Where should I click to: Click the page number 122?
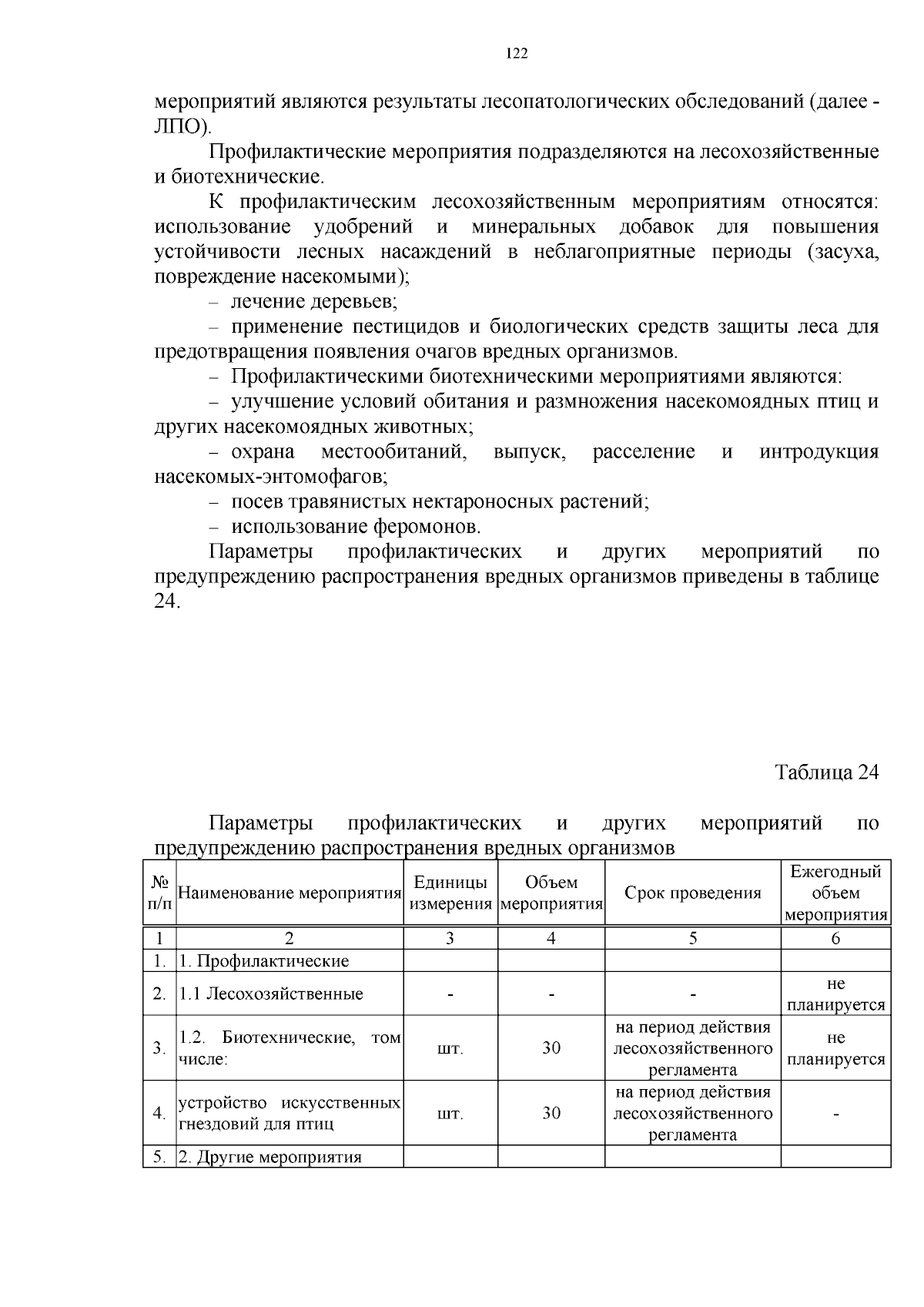[517, 53]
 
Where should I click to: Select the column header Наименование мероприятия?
[290, 893]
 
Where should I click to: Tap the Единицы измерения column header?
[450, 893]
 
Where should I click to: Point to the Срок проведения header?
[692, 893]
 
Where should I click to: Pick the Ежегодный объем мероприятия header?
[835, 893]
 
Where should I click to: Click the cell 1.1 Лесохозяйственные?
[271, 994]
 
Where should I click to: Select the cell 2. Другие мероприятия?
[270, 1158]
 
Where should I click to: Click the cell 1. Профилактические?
[264, 961]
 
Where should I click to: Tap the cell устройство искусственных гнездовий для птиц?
[290, 1113]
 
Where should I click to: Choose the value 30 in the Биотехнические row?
[551, 1048]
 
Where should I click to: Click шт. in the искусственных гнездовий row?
[450, 1114]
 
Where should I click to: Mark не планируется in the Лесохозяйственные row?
[835, 994]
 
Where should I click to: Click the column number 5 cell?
[692, 938]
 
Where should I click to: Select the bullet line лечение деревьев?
[313, 302]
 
